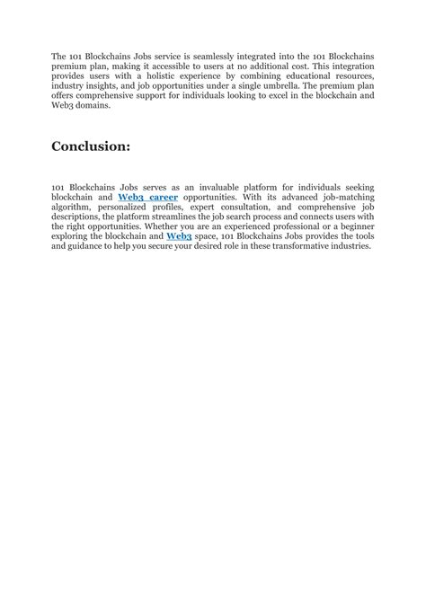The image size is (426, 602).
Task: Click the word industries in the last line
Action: coord(348,245)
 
